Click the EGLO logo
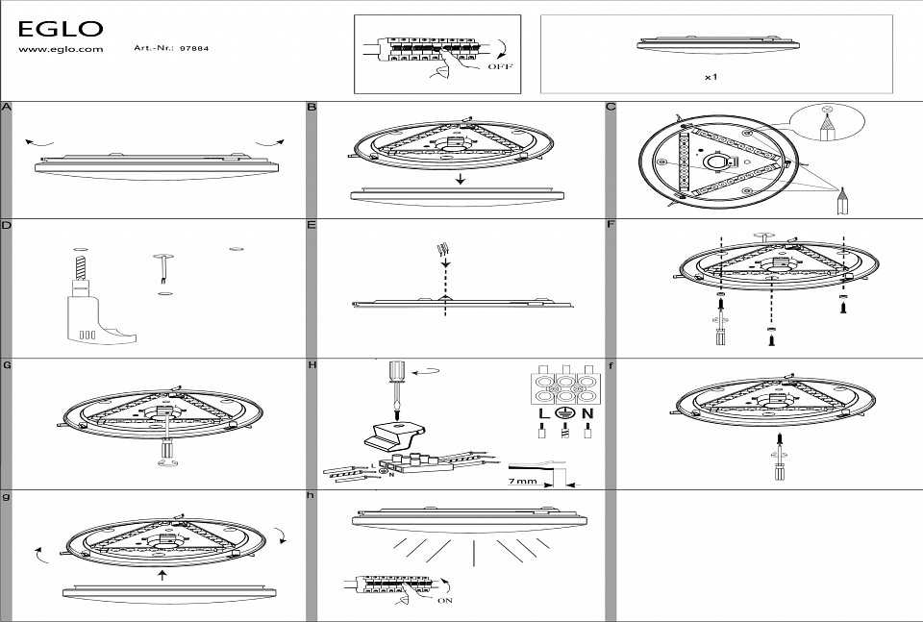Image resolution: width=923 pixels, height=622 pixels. click(x=61, y=28)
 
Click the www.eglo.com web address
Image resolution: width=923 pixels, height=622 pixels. click(x=61, y=49)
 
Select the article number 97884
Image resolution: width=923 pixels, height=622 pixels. click(x=194, y=48)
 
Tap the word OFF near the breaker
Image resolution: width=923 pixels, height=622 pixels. click(x=500, y=66)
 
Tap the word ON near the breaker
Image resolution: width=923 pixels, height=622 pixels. click(x=445, y=601)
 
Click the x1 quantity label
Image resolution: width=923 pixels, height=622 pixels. click(x=711, y=77)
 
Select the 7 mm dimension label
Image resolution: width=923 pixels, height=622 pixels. click(x=523, y=481)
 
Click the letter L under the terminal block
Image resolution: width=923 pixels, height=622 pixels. click(x=542, y=413)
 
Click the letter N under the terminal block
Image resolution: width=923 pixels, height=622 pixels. click(x=587, y=413)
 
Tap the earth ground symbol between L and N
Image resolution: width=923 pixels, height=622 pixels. click(x=564, y=413)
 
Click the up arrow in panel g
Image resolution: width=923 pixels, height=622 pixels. click(x=163, y=574)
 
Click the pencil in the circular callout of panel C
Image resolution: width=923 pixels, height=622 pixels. click(x=827, y=127)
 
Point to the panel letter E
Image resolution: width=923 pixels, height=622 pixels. click(x=312, y=225)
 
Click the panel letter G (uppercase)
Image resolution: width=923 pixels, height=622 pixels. click(x=7, y=365)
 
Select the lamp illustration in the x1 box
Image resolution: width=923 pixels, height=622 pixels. click(x=718, y=45)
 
